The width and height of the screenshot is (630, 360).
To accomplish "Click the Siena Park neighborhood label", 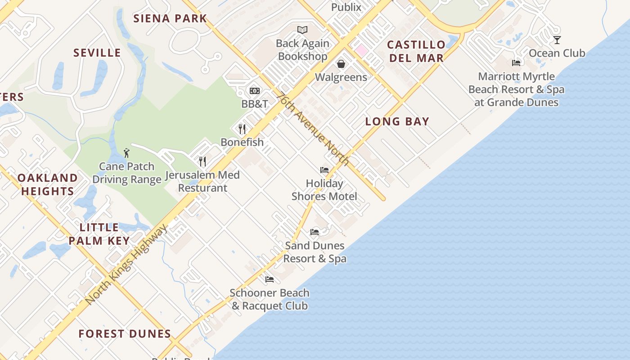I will pyautogui.click(x=170, y=18).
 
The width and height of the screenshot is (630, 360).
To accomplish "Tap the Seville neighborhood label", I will pyautogui.click(x=97, y=53).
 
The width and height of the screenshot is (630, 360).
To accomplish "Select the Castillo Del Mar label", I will pyautogui.click(x=416, y=51).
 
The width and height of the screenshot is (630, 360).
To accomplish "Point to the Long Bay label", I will pyautogui.click(x=397, y=121).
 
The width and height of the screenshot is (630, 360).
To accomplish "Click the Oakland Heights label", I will pyautogui.click(x=47, y=184).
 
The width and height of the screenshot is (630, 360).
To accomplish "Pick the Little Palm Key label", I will pyautogui.click(x=99, y=234).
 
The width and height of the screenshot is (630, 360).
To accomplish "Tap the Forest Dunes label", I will pyautogui.click(x=125, y=334).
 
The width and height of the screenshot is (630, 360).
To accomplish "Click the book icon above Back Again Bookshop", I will pyautogui.click(x=302, y=30).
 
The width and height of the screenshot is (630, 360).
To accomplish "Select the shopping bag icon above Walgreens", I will pyautogui.click(x=341, y=64).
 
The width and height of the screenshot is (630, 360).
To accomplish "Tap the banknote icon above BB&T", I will pyautogui.click(x=255, y=91).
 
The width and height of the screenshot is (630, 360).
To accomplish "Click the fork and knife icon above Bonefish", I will pyautogui.click(x=242, y=129).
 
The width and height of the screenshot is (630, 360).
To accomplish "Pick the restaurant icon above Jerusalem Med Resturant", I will pyautogui.click(x=202, y=161).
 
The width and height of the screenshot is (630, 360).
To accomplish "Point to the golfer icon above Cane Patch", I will pyautogui.click(x=126, y=153).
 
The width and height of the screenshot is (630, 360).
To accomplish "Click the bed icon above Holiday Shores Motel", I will pyautogui.click(x=324, y=170).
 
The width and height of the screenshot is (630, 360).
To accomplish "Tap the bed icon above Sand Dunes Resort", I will pyautogui.click(x=315, y=232).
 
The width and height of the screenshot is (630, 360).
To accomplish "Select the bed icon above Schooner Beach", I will pyautogui.click(x=270, y=279).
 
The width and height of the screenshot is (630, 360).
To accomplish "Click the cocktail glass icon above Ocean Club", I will pyautogui.click(x=557, y=40).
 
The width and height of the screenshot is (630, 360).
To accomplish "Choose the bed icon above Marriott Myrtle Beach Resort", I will pyautogui.click(x=516, y=63).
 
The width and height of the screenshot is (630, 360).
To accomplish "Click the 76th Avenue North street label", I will pyautogui.click(x=313, y=129).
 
